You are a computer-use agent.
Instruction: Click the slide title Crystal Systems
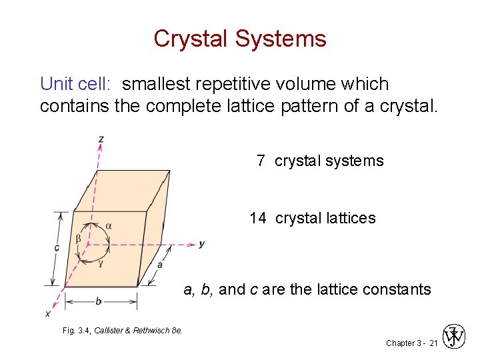[240, 39]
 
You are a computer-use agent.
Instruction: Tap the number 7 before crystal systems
[261, 161]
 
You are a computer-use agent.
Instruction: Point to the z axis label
[100, 139]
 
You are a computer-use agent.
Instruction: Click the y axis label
[201, 244]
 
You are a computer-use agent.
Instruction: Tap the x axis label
[47, 313]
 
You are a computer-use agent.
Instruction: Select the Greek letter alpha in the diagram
[109, 225]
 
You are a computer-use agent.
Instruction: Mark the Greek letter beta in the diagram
[78, 237]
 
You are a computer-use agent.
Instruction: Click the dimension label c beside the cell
[57, 248]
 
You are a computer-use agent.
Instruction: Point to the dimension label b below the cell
[99, 301]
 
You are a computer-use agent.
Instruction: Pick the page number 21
[433, 343]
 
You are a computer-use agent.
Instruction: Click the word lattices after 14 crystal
[351, 218]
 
